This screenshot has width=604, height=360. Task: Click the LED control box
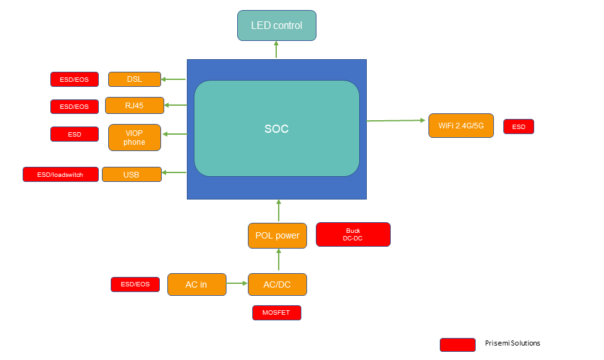pos(276,26)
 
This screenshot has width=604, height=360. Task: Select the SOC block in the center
pos(276,128)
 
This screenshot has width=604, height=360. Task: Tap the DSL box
pos(134,79)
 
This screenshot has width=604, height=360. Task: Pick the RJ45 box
pos(134,105)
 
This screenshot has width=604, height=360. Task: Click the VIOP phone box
pos(134,137)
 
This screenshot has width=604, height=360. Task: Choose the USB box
pos(131,174)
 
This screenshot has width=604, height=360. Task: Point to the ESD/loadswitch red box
pos(60,174)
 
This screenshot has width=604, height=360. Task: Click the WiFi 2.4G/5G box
pos(461,126)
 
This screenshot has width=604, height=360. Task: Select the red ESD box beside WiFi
pos(518,127)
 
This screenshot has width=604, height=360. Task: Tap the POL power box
pos(277,235)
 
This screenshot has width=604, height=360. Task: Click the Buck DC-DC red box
pos(353,234)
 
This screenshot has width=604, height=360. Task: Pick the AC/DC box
pos(277,284)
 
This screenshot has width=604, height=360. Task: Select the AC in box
pos(196,284)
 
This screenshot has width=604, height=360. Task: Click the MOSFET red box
pos(276,312)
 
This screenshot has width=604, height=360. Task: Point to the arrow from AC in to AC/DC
pos(237,283)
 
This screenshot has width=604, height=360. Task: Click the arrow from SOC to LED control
pos(276,50)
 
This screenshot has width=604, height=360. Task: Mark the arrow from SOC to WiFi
pos(396,120)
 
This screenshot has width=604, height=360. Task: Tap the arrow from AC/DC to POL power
pos(278,260)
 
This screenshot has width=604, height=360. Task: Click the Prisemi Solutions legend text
pos(512,343)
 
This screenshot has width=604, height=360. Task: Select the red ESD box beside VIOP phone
pos(74,134)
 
